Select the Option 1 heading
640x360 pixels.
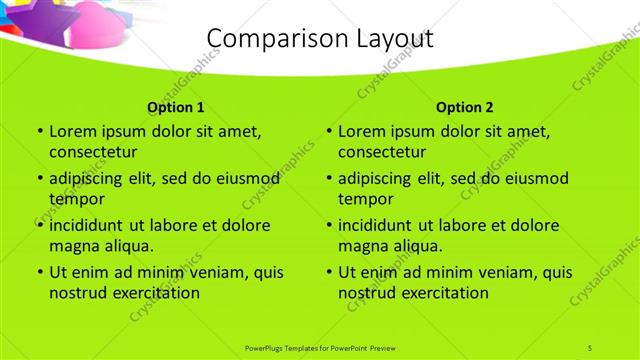[x=176, y=107]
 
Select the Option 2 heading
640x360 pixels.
[x=465, y=107]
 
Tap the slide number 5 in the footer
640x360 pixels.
[x=590, y=347]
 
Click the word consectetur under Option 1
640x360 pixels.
[x=93, y=152]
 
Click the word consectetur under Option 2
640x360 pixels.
[x=383, y=152]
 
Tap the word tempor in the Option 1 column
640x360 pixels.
[x=74, y=199]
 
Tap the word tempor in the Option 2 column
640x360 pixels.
[x=364, y=199]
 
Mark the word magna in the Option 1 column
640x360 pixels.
[x=72, y=246]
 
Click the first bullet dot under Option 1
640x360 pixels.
[x=39, y=131]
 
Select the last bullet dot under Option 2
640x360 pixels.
[x=329, y=272]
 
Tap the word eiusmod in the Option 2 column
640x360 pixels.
[x=533, y=178]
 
